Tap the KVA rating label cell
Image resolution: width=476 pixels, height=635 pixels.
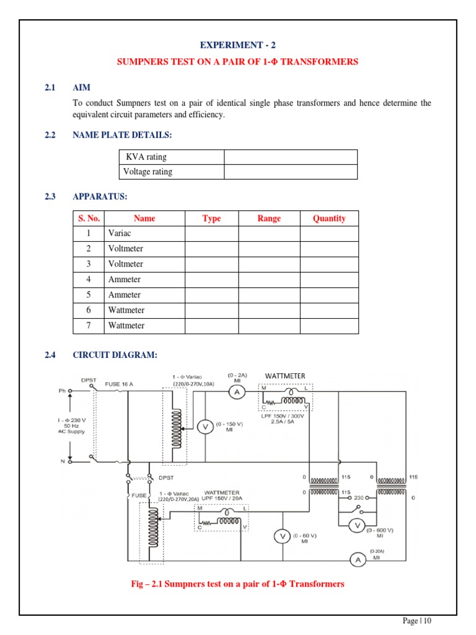pos(170,157)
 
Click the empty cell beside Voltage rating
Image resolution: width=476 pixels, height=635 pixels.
pos(290,172)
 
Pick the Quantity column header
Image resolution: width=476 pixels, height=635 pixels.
pos(329,218)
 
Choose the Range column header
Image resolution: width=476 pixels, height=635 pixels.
pos(269,218)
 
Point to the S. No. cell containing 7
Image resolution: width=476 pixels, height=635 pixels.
pos(88,326)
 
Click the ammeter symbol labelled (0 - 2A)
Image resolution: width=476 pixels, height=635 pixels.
pos(237,392)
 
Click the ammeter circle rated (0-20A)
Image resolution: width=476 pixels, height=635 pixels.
pos(357,560)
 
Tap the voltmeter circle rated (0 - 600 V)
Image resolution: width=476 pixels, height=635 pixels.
pos(357,525)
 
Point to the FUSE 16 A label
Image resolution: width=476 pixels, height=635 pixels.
pos(118,384)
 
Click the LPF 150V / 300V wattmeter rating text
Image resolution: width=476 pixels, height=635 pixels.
pos(286,416)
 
